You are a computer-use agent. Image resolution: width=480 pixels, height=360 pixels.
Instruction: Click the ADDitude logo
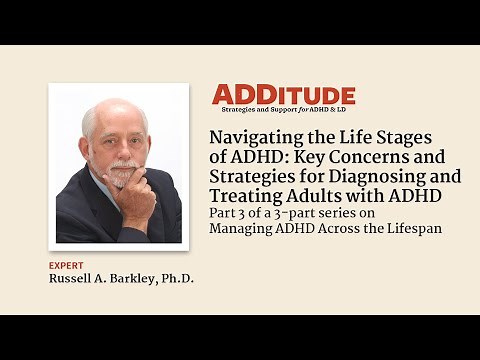tap(283, 95)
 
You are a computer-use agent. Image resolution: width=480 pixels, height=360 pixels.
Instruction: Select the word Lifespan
tap(413, 228)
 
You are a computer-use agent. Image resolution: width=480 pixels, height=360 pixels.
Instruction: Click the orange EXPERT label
tap(65, 265)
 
